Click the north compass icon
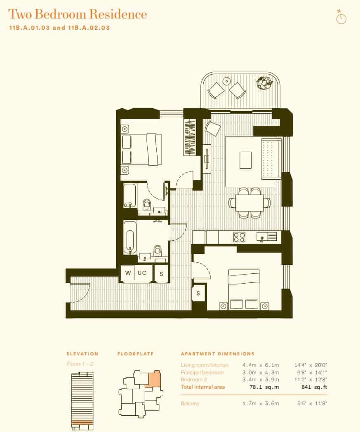coord(341,19)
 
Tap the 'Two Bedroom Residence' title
coord(78,14)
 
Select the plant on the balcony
coord(264,83)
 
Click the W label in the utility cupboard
coord(128,273)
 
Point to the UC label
coord(142,273)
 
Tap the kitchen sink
coord(267,237)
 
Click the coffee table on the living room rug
coord(246,160)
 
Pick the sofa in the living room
coord(271,159)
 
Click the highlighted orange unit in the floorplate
coord(154,379)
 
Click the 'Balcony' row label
coord(190,403)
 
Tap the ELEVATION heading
coord(82,354)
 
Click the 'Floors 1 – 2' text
coord(80,364)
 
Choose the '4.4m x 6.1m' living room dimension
coord(261,365)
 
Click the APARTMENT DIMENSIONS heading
coord(218,354)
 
